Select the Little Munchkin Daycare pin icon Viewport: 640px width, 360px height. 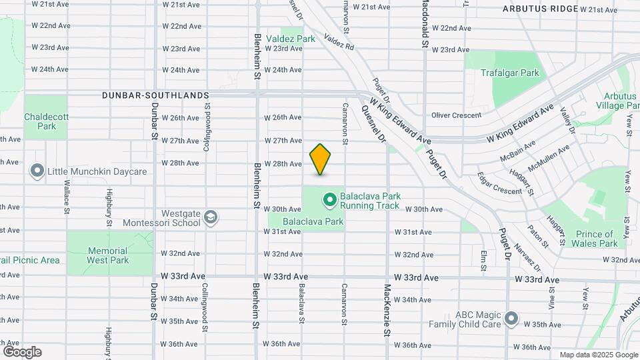[37, 171]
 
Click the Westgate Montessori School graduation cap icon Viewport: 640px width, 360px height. [211, 217]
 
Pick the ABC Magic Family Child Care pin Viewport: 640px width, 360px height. [511, 319]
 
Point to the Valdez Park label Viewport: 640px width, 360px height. [291, 39]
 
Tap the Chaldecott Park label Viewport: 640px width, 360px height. [46, 121]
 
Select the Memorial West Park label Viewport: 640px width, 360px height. [107, 255]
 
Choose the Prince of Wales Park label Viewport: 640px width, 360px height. [595, 239]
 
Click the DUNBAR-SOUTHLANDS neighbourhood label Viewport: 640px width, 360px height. [155, 95]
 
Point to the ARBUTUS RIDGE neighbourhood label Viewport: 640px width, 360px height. [540, 9]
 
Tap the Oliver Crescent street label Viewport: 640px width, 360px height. [456, 115]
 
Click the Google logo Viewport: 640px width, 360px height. [22, 351]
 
